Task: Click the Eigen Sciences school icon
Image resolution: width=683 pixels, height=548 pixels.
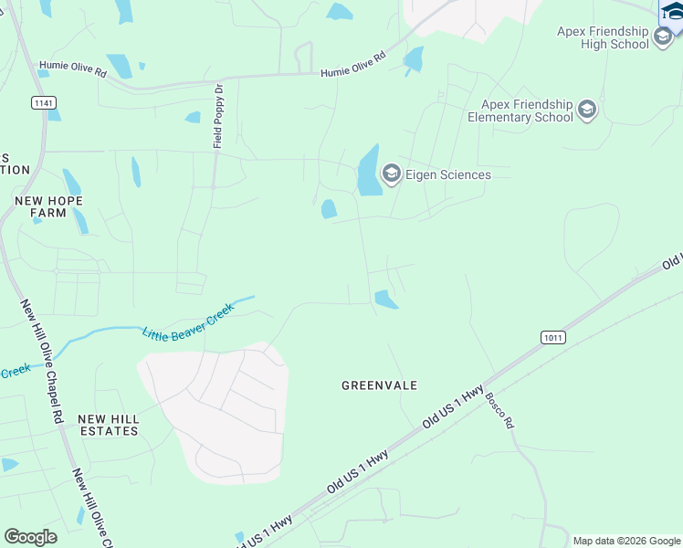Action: (392, 174)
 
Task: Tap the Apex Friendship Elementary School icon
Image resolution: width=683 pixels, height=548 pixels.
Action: (586, 111)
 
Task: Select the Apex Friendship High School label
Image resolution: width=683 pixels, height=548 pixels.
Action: (603, 37)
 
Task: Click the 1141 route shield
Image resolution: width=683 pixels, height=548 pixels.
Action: (42, 103)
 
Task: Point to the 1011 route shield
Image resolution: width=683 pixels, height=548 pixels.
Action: (552, 337)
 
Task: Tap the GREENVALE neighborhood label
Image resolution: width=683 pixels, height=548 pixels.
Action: (379, 385)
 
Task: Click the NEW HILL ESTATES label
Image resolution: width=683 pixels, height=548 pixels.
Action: (108, 425)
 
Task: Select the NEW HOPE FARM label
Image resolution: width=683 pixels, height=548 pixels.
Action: (47, 206)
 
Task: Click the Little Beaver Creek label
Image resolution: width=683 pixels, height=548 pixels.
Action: (188, 321)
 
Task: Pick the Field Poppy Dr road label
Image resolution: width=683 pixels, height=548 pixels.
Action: (218, 120)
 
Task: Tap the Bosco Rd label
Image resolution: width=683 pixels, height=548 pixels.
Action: (499, 411)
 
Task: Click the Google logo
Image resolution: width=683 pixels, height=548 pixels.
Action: (30, 537)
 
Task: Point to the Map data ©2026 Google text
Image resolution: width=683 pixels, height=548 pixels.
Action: (625, 541)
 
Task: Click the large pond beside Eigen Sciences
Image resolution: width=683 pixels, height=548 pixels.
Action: (368, 172)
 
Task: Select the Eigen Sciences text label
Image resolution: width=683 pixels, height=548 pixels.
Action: (448, 174)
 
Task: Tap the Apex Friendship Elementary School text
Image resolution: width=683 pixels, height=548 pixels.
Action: (520, 111)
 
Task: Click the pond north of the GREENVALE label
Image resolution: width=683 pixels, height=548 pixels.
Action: (385, 300)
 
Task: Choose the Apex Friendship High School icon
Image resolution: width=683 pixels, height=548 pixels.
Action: (664, 37)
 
